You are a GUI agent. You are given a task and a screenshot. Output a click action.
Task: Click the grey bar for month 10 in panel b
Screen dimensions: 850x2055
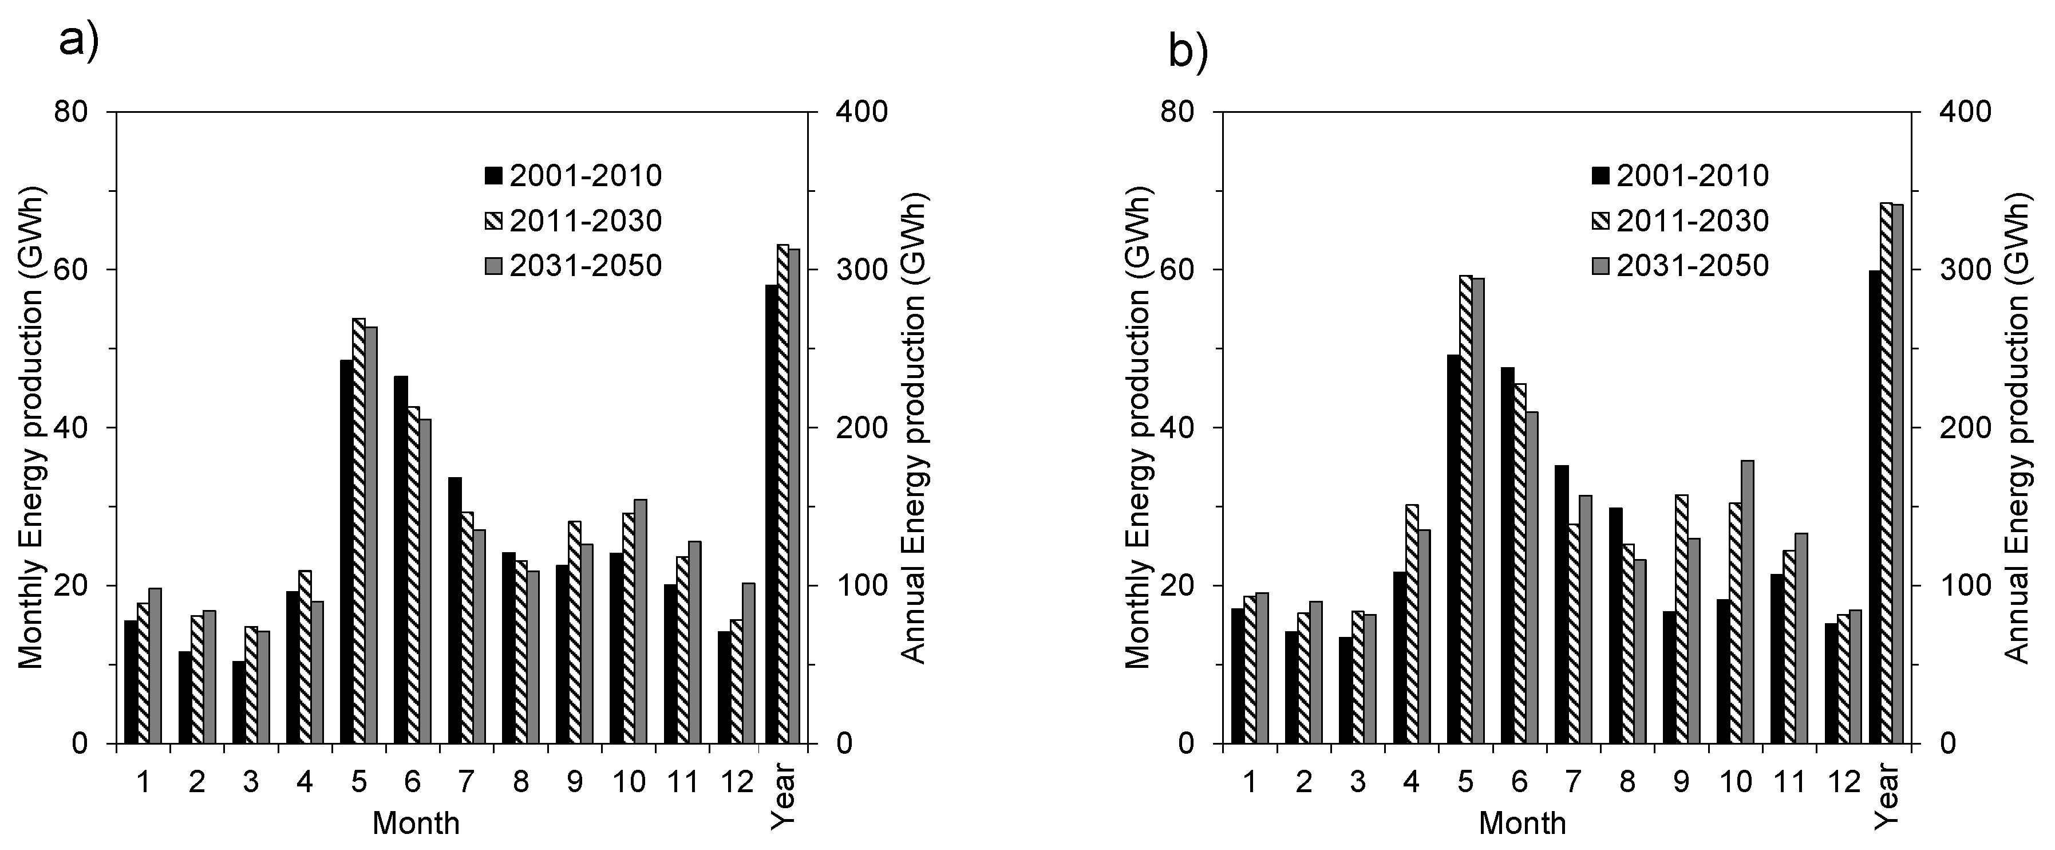click(1747, 602)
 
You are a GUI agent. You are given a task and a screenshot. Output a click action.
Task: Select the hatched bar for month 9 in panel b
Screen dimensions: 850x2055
click(1681, 619)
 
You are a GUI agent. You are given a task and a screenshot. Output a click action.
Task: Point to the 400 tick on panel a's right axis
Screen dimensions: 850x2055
click(861, 112)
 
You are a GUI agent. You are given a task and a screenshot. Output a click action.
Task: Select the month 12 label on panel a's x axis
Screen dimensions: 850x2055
click(736, 782)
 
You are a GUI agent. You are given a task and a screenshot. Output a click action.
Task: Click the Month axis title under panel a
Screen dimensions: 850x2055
click(416, 824)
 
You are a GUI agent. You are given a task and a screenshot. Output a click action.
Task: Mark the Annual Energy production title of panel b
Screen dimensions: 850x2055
click(2017, 427)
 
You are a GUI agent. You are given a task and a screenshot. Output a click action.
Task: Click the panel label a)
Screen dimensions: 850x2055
click(79, 41)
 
